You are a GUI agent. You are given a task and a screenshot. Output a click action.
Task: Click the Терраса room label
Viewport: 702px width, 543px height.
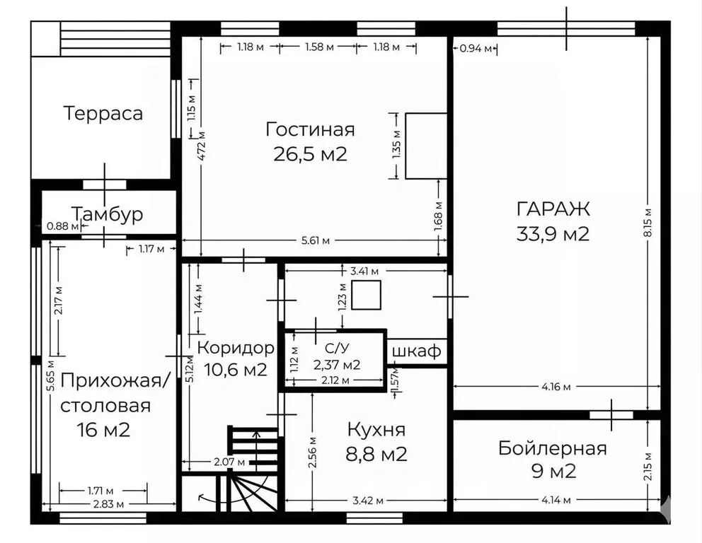click(x=103, y=113)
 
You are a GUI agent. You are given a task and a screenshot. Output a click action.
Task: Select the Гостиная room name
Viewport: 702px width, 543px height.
click(x=310, y=129)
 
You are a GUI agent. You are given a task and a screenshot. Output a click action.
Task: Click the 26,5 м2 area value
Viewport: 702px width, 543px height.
click(x=310, y=154)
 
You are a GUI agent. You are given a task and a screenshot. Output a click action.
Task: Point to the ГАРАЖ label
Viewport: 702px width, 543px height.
click(x=553, y=209)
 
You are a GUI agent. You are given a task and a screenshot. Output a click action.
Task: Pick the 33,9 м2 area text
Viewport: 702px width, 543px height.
click(x=553, y=234)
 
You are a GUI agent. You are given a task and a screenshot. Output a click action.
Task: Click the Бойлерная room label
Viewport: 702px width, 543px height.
click(x=552, y=448)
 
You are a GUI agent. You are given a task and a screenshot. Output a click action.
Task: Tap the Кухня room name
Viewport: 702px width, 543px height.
click(x=376, y=430)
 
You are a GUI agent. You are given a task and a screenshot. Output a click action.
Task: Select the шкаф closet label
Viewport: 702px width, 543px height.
click(x=417, y=351)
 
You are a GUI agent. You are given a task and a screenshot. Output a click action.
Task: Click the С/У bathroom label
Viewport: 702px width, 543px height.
click(x=336, y=348)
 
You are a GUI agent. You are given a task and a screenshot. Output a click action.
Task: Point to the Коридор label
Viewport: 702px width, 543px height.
click(x=235, y=348)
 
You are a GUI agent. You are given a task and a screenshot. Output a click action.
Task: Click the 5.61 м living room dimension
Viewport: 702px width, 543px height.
click(x=316, y=240)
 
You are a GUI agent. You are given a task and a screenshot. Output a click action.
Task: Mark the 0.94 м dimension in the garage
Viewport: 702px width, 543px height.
click(x=474, y=48)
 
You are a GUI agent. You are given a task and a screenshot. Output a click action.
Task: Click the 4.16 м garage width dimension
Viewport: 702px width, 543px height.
click(x=556, y=386)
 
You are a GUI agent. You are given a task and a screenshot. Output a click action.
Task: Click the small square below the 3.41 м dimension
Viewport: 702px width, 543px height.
click(x=366, y=295)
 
